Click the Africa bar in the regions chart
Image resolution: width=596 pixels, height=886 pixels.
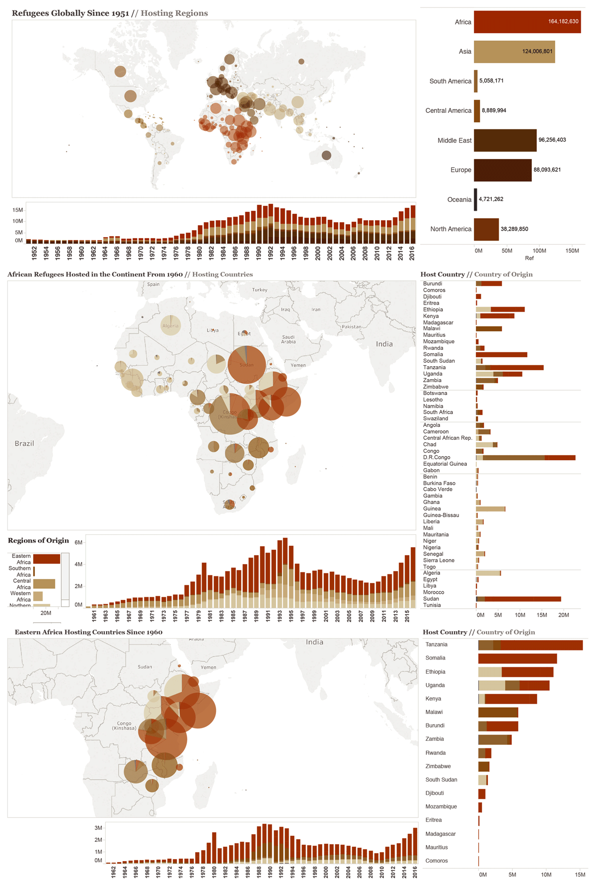(x=526, y=22)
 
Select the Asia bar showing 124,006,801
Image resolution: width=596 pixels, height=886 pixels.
(x=514, y=52)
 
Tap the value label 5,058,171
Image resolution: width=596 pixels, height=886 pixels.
(x=491, y=81)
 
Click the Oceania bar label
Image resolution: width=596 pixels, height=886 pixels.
(x=459, y=200)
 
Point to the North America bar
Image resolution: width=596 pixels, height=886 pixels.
(x=486, y=229)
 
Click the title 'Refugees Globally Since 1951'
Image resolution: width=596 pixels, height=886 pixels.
(x=71, y=13)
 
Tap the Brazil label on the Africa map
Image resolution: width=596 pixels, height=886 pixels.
(x=24, y=444)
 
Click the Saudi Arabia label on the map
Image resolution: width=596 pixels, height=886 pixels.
(x=289, y=339)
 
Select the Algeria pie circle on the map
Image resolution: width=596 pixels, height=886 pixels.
(x=170, y=325)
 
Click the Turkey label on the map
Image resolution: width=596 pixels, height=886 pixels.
(x=260, y=290)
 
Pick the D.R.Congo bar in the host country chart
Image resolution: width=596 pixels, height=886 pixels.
(x=525, y=458)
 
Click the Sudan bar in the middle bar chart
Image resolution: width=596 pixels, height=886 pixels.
(x=518, y=599)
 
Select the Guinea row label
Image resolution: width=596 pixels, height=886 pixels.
(x=432, y=509)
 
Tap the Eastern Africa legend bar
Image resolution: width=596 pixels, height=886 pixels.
(x=47, y=559)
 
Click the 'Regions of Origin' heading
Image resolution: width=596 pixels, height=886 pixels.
(x=38, y=541)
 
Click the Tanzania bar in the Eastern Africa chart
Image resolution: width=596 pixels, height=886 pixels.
(x=530, y=645)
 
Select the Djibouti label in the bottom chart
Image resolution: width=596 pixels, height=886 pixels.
(x=435, y=793)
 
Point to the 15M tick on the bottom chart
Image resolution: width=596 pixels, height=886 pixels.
(x=580, y=875)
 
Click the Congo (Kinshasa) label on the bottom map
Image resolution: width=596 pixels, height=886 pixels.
(x=124, y=726)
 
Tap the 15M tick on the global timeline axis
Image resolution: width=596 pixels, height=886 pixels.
(x=17, y=210)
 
